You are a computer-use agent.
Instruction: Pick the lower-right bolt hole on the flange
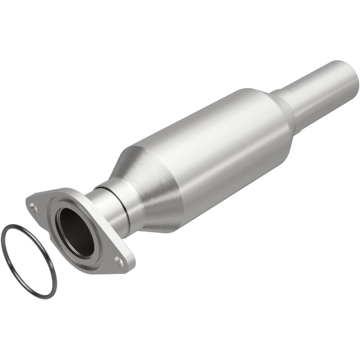[x=119, y=260]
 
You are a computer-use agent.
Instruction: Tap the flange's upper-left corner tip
[x=27, y=200]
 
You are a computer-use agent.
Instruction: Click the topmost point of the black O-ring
[x=11, y=225]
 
